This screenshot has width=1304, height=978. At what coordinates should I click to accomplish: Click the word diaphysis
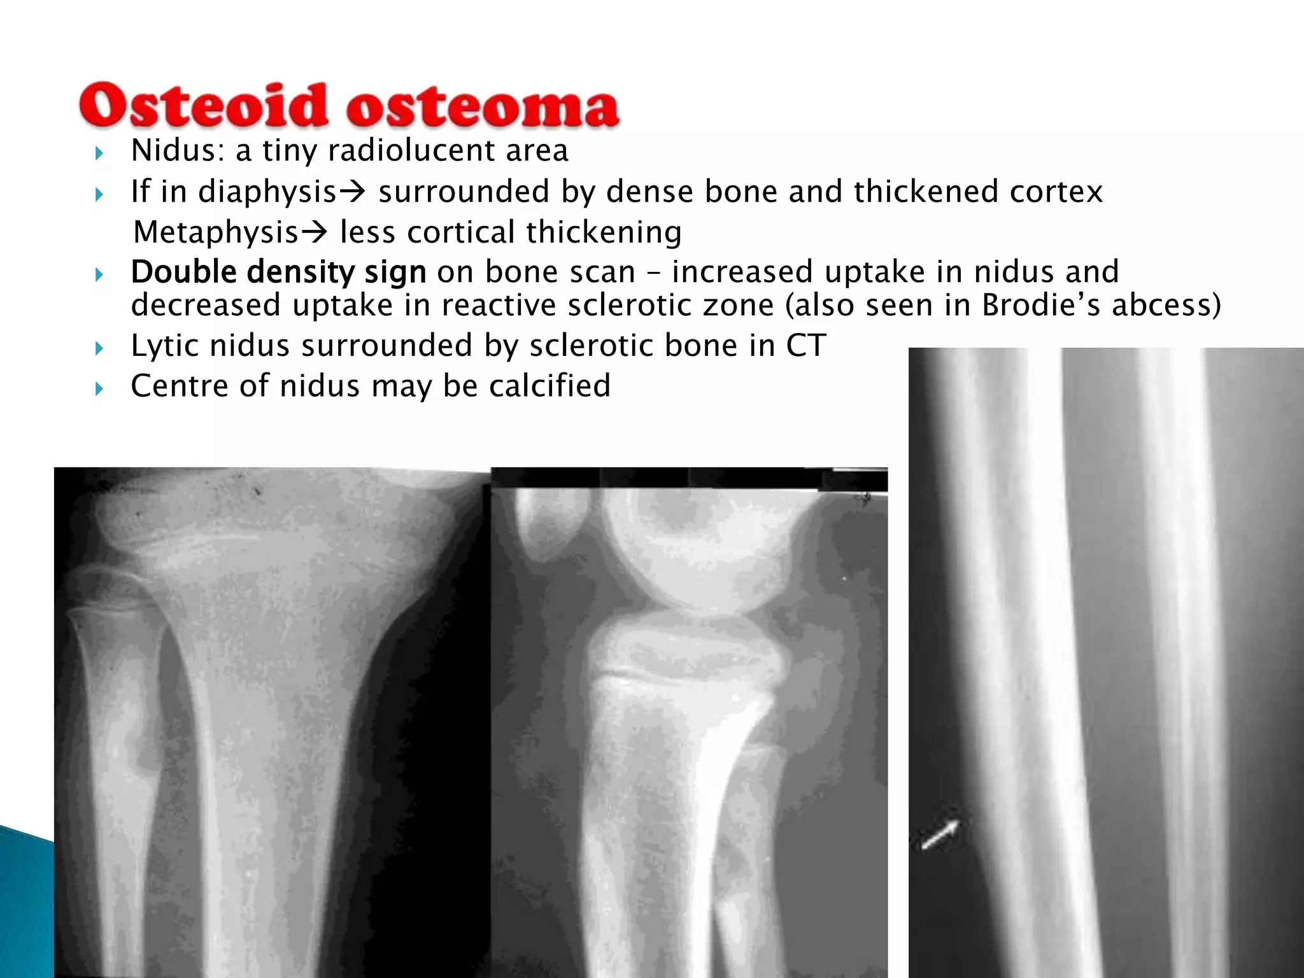(x=267, y=192)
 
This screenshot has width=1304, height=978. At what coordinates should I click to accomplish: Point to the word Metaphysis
(x=216, y=232)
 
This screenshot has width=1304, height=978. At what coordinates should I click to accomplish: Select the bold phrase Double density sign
(x=278, y=272)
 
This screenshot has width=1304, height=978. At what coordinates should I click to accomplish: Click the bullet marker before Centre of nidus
(x=99, y=388)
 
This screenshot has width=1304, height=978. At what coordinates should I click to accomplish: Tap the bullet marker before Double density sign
(x=99, y=275)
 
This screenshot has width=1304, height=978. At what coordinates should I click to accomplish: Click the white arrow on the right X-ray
(x=940, y=835)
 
